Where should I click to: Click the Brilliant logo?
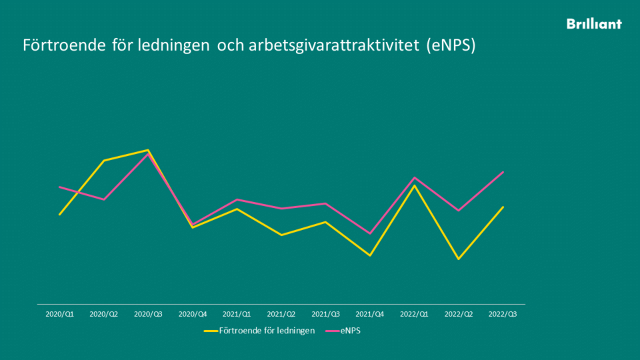pos(594,24)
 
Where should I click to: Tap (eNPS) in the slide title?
pos(451,46)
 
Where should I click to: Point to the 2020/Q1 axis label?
pos(60,313)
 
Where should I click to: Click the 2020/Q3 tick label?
pos(148,313)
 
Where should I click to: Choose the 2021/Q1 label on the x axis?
pos(237,313)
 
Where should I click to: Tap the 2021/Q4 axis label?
pos(370,313)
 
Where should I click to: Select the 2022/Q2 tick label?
pos(459,313)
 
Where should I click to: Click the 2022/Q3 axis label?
pos(503,313)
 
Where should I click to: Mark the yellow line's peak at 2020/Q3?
pos(148,150)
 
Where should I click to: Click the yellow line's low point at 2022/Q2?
pos(459,259)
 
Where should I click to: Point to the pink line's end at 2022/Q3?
pos(503,172)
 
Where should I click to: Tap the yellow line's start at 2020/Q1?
pos(60,215)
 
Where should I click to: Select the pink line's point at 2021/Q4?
pos(370,233)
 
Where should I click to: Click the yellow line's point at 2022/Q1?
pos(415,185)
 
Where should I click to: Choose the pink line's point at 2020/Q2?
pos(104,199)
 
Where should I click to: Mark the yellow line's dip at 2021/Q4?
pos(370,255)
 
